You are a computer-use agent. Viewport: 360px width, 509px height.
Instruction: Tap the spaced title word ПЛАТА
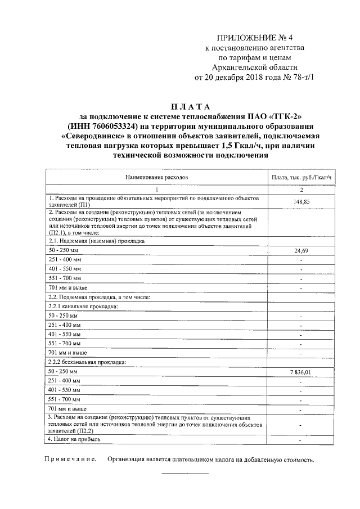[189, 107]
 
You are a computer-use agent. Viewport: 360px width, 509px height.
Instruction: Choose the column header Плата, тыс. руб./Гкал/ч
[301, 177]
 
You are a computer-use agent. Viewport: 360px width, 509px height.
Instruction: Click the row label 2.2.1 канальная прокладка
[83, 307]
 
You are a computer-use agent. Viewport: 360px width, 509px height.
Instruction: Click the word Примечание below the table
[70, 460]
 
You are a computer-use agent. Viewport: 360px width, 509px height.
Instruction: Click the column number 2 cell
[301, 189]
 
